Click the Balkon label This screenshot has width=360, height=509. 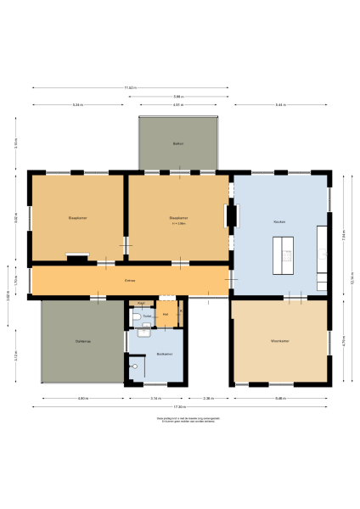[x=178, y=143]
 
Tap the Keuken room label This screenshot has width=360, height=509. [x=278, y=221]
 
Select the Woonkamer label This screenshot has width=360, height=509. [x=282, y=342]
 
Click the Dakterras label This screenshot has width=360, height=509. [x=82, y=341]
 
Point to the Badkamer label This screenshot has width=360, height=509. [x=165, y=354]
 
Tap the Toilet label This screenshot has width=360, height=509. [x=147, y=316]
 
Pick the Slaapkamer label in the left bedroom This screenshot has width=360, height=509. [x=78, y=218]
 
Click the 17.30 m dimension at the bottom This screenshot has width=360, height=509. [x=180, y=406]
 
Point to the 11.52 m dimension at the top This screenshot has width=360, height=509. [x=130, y=87]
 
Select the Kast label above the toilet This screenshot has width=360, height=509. [x=141, y=302]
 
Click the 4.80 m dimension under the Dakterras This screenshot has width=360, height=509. [x=82, y=397]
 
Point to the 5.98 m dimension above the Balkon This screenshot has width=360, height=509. [x=177, y=96]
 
